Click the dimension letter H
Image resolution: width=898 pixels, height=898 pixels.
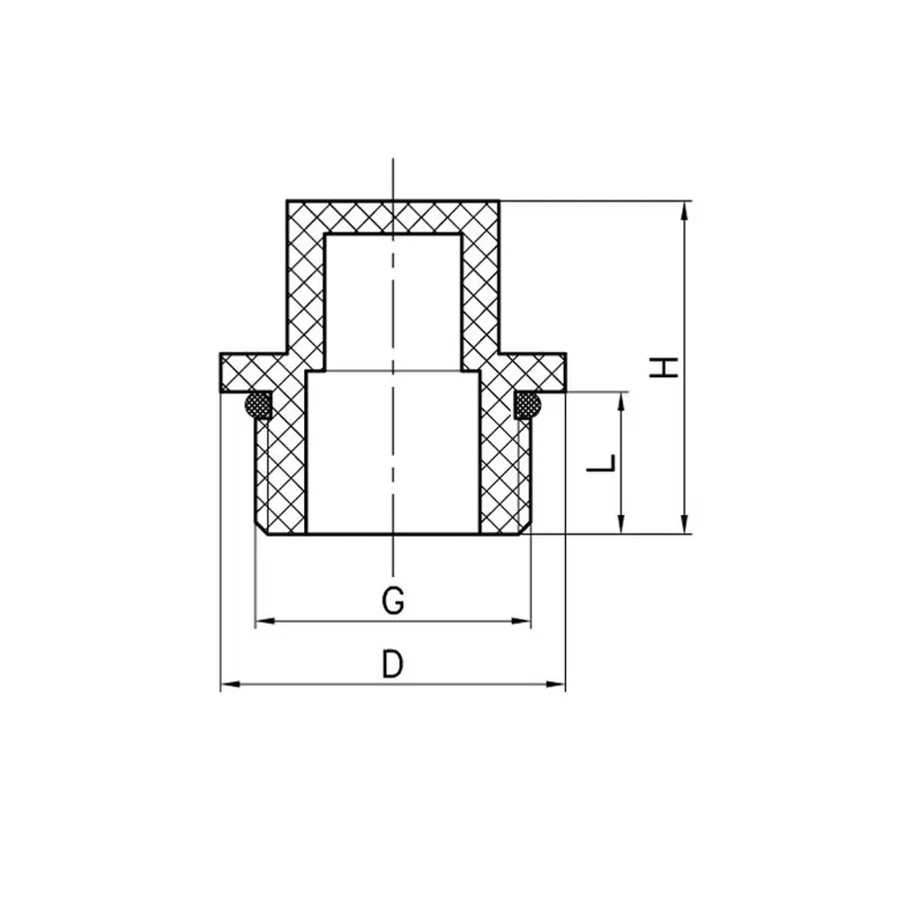click(x=664, y=366)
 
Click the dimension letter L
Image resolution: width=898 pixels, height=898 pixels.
click(x=601, y=464)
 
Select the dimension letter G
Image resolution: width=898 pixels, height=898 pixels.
click(x=393, y=602)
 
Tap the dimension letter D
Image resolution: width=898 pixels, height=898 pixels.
click(x=393, y=664)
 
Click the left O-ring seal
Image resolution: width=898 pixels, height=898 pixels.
click(x=259, y=404)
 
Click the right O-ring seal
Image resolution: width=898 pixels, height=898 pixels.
click(x=527, y=404)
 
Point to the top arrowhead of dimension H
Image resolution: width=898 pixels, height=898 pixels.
click(x=684, y=209)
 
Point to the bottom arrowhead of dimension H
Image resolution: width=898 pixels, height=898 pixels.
click(x=684, y=526)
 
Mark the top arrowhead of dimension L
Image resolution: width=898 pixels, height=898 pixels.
click(x=622, y=399)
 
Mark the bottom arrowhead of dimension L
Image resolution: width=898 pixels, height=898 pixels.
click(x=622, y=526)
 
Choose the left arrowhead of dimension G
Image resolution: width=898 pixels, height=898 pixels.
click(x=263, y=622)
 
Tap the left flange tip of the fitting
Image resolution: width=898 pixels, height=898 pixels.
click(x=224, y=372)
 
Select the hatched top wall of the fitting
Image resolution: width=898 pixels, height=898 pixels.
click(x=393, y=218)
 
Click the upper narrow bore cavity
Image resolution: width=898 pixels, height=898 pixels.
click(x=393, y=299)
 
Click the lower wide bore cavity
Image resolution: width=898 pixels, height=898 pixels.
click(x=393, y=449)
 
